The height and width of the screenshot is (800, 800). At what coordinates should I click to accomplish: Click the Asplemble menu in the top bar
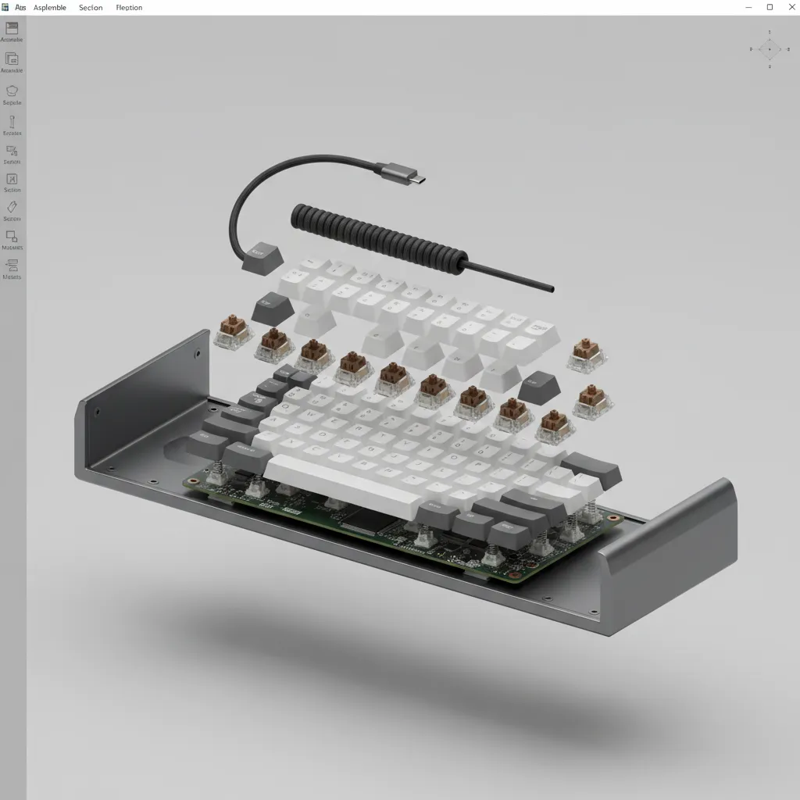pos(49,8)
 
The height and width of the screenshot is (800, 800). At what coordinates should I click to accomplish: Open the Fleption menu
pos(129,8)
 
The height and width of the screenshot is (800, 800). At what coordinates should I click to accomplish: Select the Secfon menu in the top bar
pos(91,8)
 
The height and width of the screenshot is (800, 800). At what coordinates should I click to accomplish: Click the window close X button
pos(790,7)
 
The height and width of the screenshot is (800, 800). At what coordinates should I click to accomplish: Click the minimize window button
pos(748,7)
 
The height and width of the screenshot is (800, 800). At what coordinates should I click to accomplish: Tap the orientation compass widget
pos(769,49)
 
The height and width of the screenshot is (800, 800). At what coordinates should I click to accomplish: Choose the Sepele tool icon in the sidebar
pos(12,91)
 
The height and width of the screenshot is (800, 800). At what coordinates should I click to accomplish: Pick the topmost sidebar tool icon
pos(12,28)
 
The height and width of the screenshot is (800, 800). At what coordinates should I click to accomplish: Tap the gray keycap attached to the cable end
pos(262,258)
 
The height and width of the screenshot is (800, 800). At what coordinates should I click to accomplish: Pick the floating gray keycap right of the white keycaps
pos(538,387)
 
